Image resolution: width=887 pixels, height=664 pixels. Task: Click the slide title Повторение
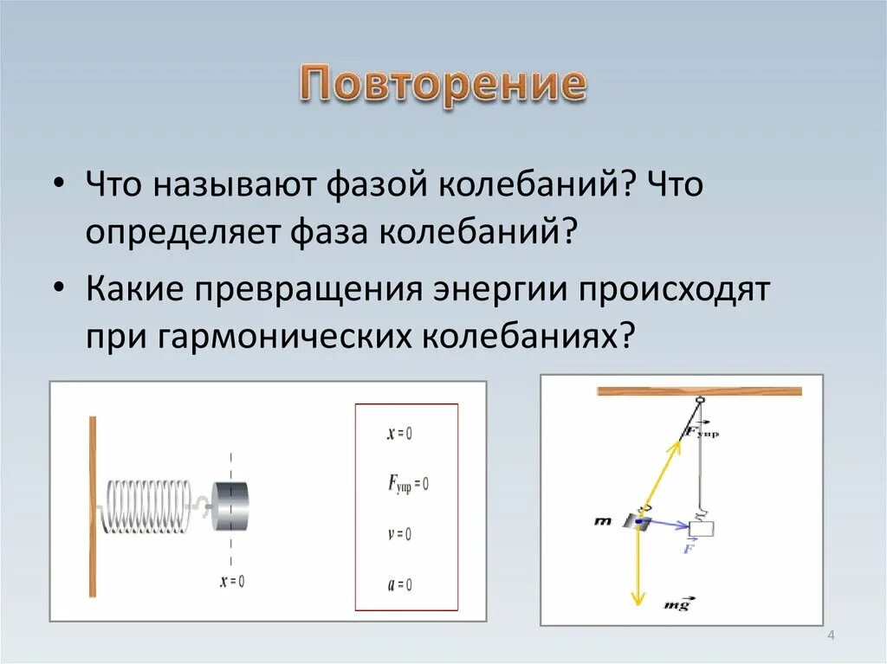coord(443,85)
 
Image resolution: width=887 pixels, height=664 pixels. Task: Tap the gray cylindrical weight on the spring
coord(230,506)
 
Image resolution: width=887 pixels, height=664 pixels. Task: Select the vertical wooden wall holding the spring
coord(92,506)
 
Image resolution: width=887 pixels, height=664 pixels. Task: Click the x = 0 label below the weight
coord(231,581)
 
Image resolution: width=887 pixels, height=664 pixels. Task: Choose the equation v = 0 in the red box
coord(399,534)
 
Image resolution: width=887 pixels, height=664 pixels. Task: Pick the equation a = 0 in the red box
coord(399,584)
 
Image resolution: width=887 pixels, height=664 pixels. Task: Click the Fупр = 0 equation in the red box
coord(407,483)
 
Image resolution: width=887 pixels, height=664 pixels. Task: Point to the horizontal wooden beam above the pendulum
coord(699,391)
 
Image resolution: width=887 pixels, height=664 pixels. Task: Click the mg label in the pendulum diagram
coord(677,604)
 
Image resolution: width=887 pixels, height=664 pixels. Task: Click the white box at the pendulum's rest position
coord(701,528)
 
